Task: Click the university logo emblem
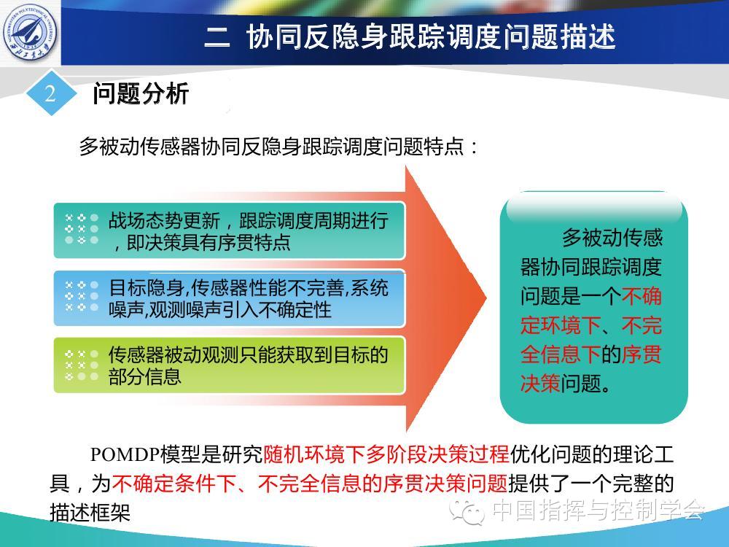pos(31,31)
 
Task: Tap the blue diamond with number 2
pos(50,93)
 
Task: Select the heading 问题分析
pos(141,93)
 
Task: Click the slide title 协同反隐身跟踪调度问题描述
pos(431,36)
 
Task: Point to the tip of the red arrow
pos(486,298)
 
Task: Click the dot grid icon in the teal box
pos(82,229)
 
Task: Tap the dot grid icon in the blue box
pos(82,296)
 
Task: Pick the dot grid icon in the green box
pos(82,365)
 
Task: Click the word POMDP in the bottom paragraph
pos(125,454)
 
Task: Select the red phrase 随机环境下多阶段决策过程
pos(386,454)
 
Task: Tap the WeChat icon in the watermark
pos(467,513)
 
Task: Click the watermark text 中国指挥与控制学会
pos(599,511)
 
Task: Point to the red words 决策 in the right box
pos(540,384)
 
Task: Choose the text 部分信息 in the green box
pos(144,376)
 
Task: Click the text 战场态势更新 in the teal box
pos(164,220)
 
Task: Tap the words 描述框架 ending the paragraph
pos(90,513)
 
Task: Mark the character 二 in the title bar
pos(217,37)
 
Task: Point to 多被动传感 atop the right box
pos(612,238)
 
